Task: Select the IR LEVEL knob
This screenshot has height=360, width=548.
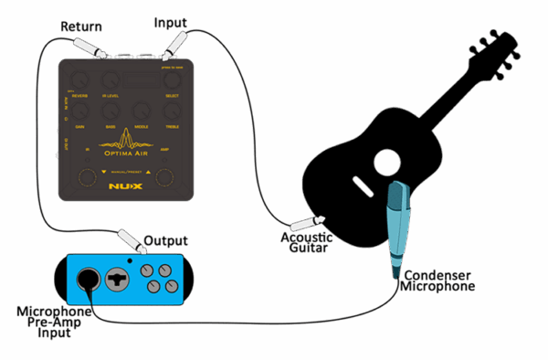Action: point(111,82)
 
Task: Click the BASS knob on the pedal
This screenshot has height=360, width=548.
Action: point(111,112)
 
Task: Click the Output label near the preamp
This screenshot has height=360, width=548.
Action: point(166,241)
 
